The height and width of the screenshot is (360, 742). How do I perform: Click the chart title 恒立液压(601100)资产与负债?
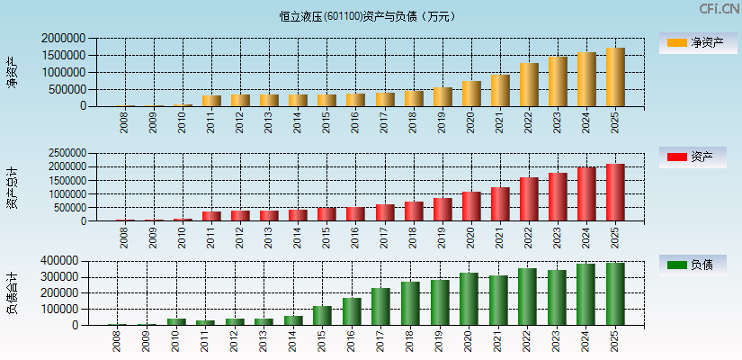point(368,16)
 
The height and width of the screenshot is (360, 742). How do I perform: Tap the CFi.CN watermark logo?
point(719,9)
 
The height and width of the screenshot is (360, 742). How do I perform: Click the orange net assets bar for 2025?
point(615,77)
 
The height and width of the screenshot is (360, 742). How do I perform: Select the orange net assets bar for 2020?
point(471,94)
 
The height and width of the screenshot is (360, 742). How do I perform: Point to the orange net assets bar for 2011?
point(211,101)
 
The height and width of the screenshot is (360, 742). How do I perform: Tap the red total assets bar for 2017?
point(385,212)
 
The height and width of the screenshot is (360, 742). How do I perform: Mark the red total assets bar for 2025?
point(615,193)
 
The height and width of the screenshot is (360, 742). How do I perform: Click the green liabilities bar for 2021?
point(498,301)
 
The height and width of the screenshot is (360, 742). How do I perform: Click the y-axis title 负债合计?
point(13,292)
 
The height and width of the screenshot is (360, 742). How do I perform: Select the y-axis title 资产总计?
point(13,187)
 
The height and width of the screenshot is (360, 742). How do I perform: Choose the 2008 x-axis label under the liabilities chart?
point(117,341)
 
